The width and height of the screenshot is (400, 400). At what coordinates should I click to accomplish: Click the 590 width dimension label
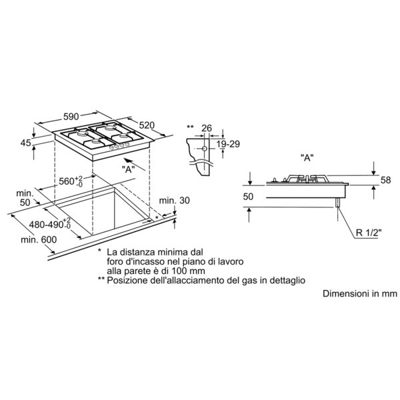point(71,117)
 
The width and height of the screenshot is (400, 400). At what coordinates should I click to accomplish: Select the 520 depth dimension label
point(147,125)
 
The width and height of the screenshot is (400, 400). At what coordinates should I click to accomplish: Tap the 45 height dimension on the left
point(26,143)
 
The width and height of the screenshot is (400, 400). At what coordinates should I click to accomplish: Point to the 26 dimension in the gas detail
point(207,128)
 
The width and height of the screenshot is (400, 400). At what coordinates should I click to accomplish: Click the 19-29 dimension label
point(228,144)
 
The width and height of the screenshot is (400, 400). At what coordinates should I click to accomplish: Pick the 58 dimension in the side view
point(385,180)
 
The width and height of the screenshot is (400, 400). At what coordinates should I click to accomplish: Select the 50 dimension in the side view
point(248,197)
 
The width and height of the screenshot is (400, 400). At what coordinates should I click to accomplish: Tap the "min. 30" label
point(174,200)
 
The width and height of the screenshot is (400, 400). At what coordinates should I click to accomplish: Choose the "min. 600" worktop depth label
point(39,239)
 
